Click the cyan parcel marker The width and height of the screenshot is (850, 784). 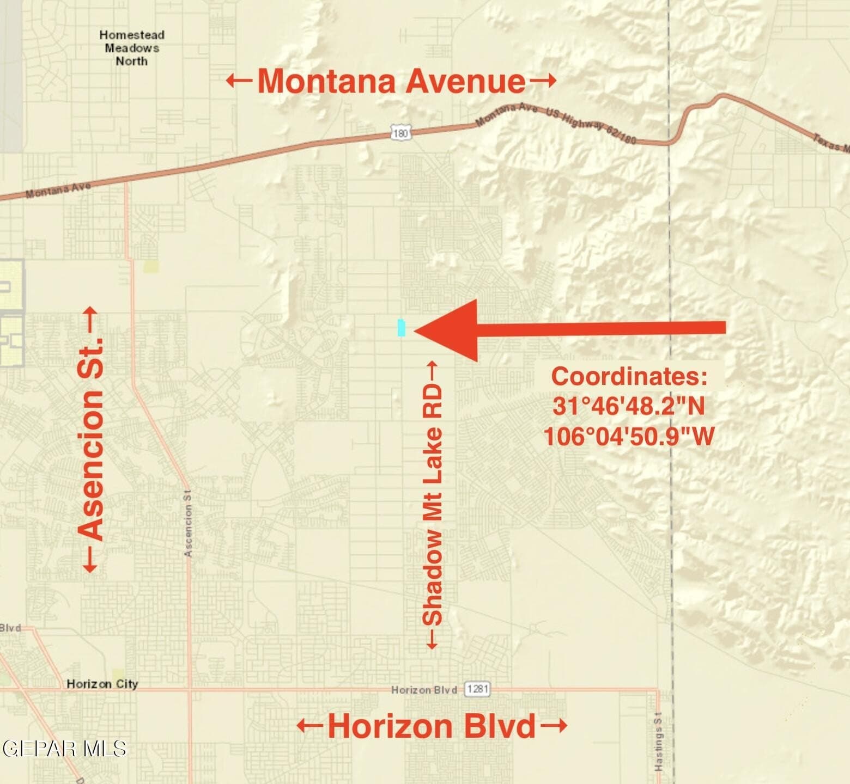[402, 327]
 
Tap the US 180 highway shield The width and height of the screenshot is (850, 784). [400, 132]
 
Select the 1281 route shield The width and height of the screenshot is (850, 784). [477, 689]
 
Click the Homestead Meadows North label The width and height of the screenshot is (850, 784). [132, 48]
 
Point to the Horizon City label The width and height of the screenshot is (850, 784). [102, 684]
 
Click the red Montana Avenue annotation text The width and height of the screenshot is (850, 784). [391, 81]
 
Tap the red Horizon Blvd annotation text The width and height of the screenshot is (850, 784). [432, 726]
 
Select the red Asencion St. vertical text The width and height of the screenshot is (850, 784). [90, 439]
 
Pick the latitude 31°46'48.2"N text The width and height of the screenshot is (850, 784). [629, 406]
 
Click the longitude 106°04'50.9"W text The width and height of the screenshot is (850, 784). [629, 436]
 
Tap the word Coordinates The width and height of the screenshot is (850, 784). [629, 376]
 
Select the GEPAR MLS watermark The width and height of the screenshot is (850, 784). [64, 749]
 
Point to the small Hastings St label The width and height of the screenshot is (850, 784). [658, 741]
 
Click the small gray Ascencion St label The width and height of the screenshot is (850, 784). [188, 523]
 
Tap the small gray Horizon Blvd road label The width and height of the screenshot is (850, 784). [424, 690]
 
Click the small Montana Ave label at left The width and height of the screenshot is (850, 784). [58, 190]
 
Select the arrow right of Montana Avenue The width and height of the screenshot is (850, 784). [543, 81]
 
